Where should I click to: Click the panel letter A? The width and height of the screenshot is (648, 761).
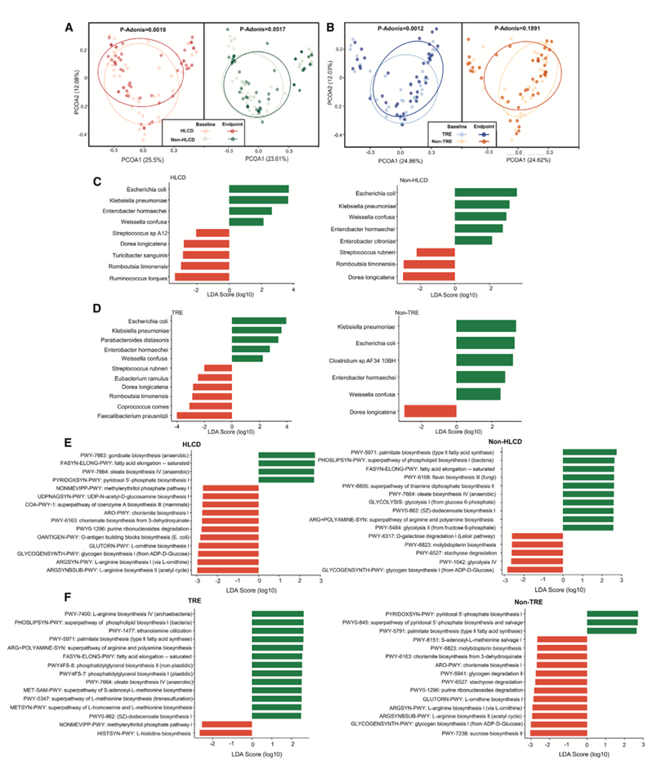[x=69, y=27]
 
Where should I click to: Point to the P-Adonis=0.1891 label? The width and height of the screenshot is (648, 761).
[x=517, y=29]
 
